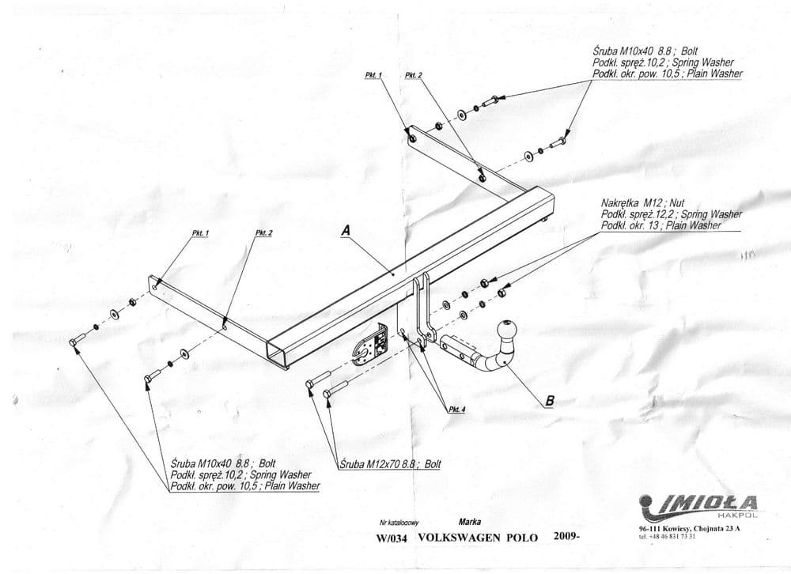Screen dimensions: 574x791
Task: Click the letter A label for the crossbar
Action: point(345,230)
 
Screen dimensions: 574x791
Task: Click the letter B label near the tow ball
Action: point(549,400)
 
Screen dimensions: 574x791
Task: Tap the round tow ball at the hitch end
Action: point(505,330)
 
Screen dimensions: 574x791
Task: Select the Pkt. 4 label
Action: point(457,409)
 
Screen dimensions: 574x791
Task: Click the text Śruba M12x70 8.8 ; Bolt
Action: point(390,465)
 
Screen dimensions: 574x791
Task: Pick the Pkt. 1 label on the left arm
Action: point(200,234)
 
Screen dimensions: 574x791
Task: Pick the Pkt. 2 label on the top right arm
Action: point(413,75)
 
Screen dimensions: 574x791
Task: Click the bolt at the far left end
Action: point(76,342)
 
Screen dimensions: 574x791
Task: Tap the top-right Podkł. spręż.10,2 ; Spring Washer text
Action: point(662,62)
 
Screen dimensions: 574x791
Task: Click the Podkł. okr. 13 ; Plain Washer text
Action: point(660,225)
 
